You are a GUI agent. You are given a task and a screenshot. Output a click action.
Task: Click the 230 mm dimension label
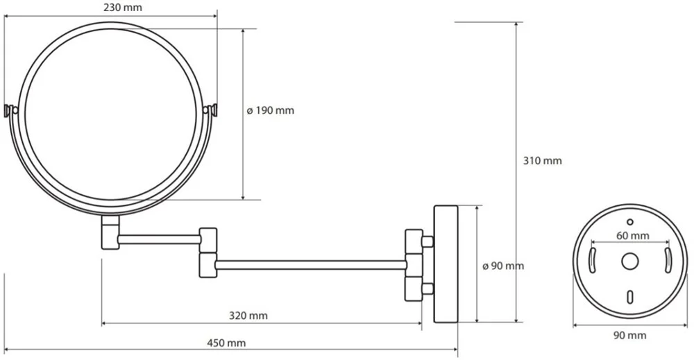(x=123, y=8)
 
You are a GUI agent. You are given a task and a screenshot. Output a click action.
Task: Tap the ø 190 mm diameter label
(x=271, y=110)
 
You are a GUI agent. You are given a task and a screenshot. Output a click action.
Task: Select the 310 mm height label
(x=543, y=160)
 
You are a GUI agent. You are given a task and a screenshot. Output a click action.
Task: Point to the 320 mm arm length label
(x=248, y=316)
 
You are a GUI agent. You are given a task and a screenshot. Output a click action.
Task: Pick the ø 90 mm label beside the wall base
(x=502, y=266)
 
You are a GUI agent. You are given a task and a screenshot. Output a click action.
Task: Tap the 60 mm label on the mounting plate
(x=633, y=236)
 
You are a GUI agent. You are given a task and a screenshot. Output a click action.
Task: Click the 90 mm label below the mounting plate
(x=630, y=336)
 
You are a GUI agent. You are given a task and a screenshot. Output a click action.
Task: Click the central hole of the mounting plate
(x=629, y=261)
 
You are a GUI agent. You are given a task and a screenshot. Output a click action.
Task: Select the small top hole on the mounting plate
(x=630, y=221)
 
